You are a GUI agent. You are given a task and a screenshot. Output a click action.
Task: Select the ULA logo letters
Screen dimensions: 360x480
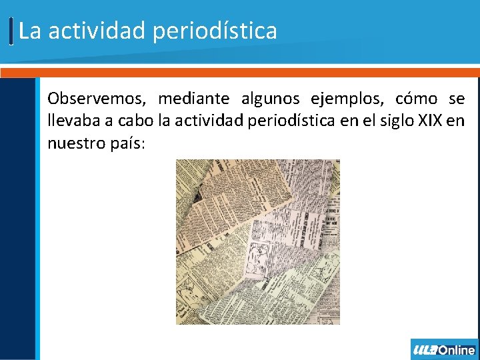click(425, 350)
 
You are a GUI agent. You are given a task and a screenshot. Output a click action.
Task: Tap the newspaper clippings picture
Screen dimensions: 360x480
click(257, 241)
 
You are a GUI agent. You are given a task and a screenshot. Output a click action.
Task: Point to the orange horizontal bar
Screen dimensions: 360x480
click(240, 72)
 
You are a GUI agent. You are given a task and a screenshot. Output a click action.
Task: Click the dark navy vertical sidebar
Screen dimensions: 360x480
click(17, 220)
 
